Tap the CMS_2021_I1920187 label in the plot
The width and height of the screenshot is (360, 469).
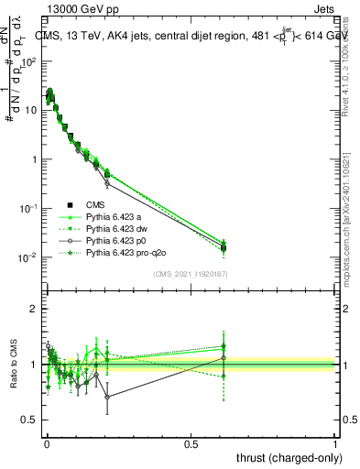pos(189,274)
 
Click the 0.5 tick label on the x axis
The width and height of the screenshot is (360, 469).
pos(191,442)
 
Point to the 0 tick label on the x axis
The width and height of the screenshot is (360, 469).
pos(46,442)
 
